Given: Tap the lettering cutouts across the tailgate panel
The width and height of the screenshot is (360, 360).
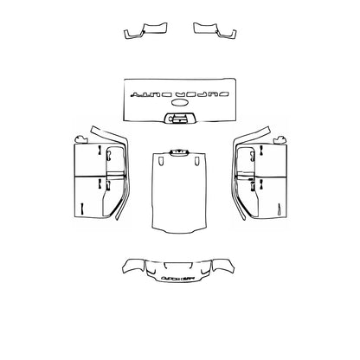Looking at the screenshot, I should point(180,90).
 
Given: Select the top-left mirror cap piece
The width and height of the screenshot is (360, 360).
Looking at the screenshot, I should point(145,31).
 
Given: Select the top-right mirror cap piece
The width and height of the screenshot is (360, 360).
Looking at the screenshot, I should point(215,31).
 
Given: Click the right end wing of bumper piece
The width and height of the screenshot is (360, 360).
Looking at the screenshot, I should point(227,267).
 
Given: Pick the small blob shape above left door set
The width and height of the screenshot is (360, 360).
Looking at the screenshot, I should point(81,138).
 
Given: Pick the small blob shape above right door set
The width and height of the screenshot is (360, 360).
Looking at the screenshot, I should point(280,137).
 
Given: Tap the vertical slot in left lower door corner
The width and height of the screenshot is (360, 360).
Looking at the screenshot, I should point(80,209).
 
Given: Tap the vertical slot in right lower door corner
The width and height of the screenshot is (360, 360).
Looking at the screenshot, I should point(280,209).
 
